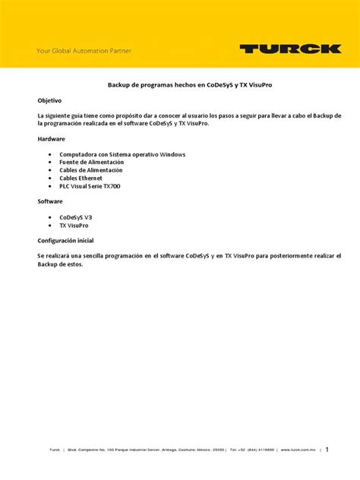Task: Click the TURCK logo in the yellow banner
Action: tap(290, 49)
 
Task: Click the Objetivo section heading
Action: tap(50, 100)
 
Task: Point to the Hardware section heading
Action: tap(52, 139)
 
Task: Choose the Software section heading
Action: tap(51, 201)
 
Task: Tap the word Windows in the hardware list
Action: tap(171, 154)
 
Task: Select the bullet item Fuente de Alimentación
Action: tap(90, 162)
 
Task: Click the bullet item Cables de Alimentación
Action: tap(90, 170)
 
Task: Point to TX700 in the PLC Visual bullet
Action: tap(109, 186)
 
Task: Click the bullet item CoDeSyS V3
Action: tap(76, 217)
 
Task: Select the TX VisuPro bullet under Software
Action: tap(74, 225)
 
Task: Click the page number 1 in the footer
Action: tap(327, 449)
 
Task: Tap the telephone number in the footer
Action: tap(253, 450)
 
